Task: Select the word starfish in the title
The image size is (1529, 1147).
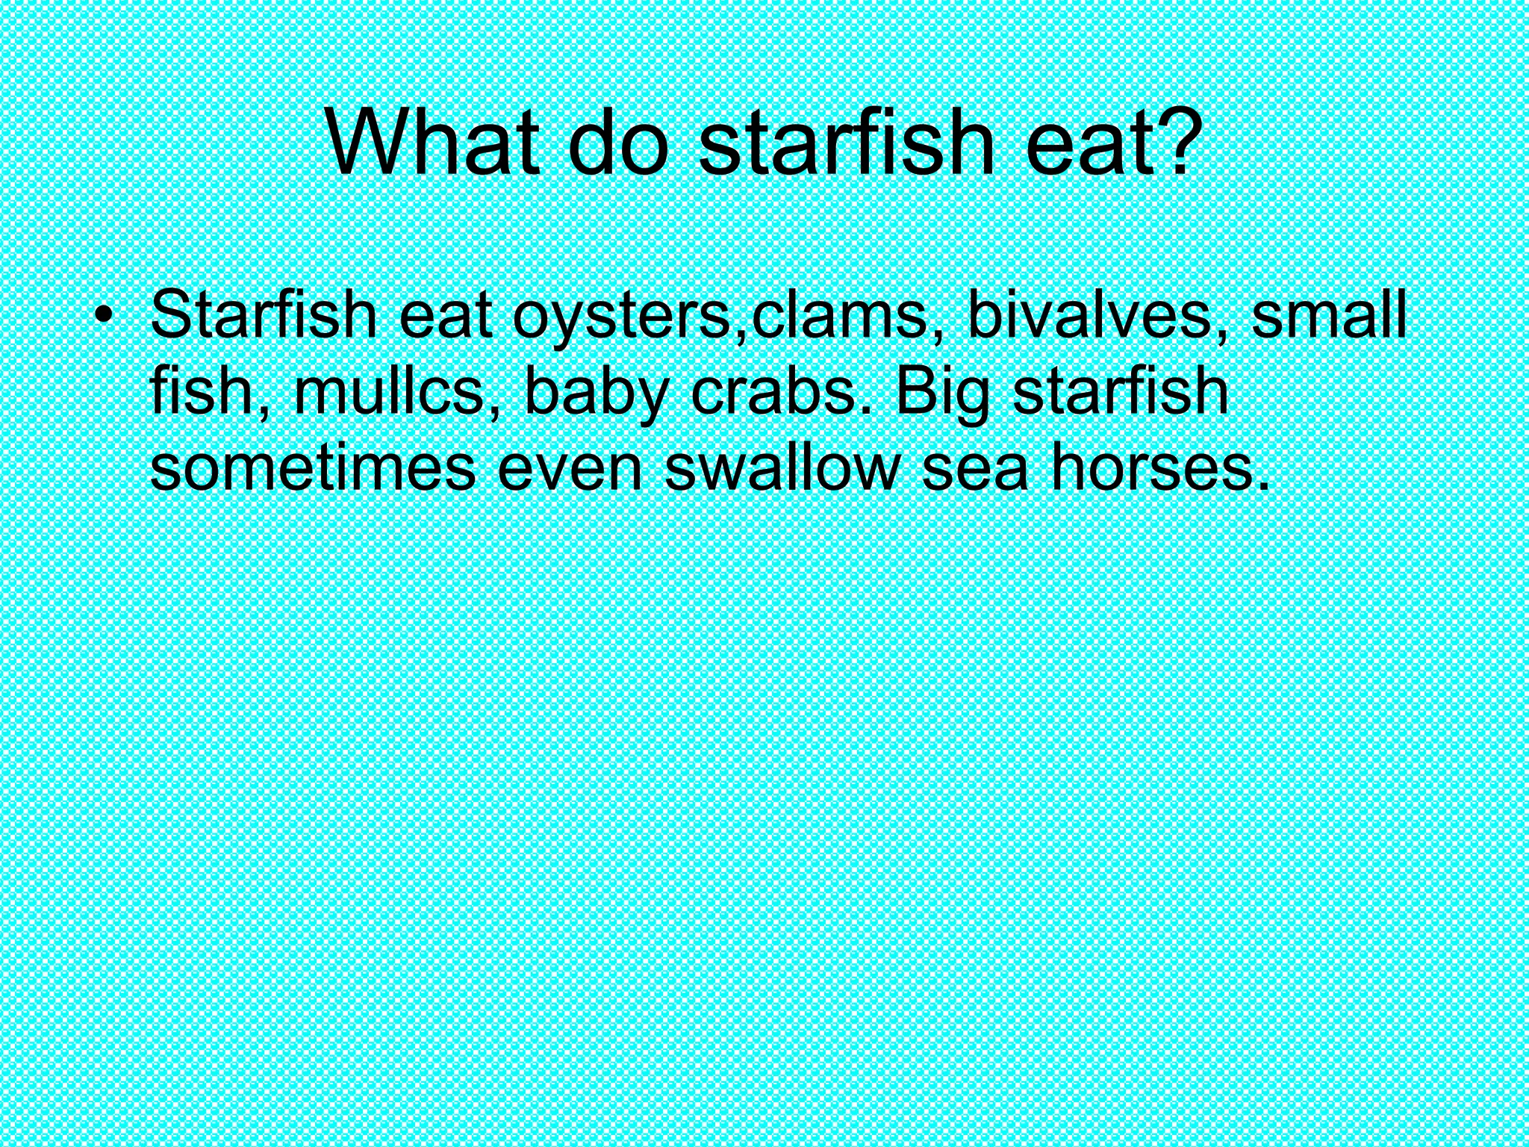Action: (x=847, y=143)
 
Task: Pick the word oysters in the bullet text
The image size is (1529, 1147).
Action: (x=622, y=318)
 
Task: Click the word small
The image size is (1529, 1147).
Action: (x=1328, y=315)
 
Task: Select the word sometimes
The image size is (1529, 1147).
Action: (x=313, y=467)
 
